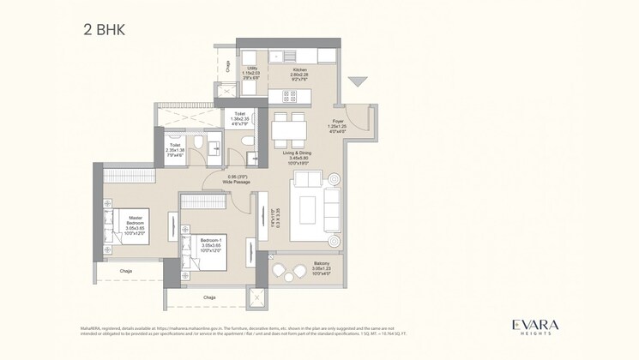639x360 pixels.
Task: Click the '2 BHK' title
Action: [104, 29]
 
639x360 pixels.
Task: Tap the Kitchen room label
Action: [299, 71]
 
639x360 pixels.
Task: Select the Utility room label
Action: [252, 71]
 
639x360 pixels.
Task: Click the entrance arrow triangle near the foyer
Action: [358, 82]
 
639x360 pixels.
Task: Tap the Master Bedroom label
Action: [135, 225]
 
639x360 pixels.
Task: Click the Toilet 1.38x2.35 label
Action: [239, 117]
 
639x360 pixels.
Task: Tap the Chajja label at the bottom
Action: [209, 297]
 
